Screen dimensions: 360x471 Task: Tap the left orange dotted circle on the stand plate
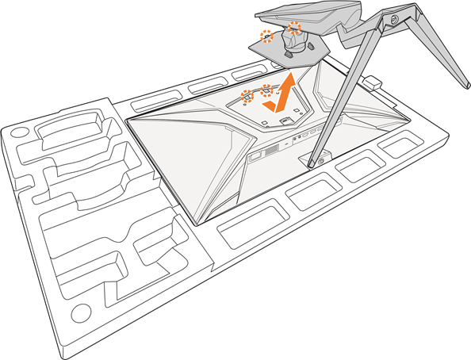click(x=267, y=35)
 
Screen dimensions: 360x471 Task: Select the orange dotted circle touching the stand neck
click(x=295, y=28)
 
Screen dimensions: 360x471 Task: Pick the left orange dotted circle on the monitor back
click(x=247, y=97)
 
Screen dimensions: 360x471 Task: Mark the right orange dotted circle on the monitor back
click(x=266, y=90)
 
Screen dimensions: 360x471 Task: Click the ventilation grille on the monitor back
click(x=272, y=149)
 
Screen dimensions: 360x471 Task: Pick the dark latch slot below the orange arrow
click(x=285, y=120)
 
